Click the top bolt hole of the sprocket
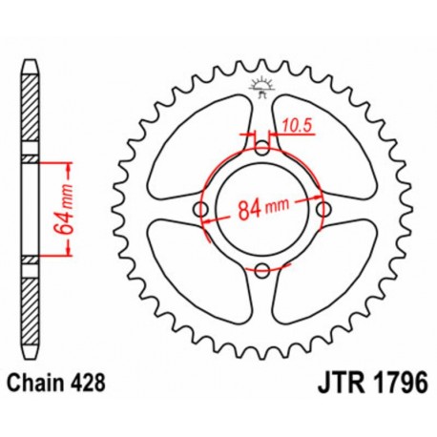[262, 148]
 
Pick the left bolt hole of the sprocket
[201, 209]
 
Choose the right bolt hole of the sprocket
[323, 209]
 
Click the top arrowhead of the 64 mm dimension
[70, 163]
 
